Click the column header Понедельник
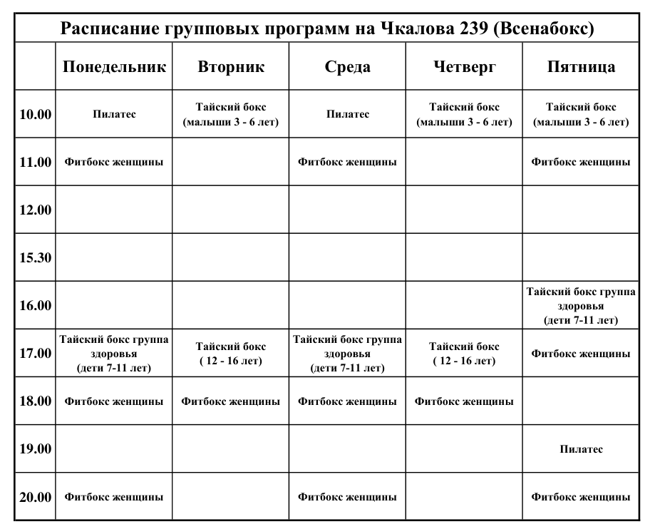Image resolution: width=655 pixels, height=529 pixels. coord(114,67)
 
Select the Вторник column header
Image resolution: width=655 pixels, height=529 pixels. coord(231,67)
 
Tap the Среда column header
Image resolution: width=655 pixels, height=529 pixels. coord(347,67)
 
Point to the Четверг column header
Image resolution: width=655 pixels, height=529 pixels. coord(464,67)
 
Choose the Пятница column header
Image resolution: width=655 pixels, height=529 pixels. coord(581,67)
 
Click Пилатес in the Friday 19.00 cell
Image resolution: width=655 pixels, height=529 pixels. coord(581,449)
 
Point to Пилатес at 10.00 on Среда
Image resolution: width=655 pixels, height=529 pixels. coord(347,114)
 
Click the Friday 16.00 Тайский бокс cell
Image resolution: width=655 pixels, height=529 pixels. coord(581,305)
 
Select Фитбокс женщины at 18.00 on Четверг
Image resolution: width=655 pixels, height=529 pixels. coord(464,401)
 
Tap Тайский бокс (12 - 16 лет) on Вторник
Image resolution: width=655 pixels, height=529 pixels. coord(231,354)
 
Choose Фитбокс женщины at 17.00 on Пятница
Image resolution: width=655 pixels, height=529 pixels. coord(581,354)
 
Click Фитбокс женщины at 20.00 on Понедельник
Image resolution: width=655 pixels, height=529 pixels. coord(114,497)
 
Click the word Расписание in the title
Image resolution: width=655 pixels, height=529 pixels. coord(114,29)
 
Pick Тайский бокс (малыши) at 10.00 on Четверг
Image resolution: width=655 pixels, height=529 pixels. coord(464,114)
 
